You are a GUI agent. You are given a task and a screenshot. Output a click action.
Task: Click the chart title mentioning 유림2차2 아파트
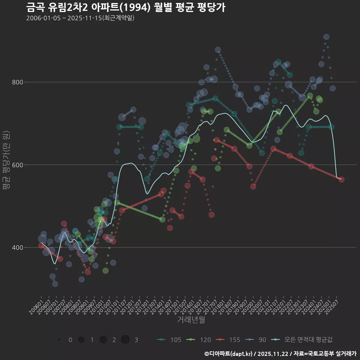(126, 7)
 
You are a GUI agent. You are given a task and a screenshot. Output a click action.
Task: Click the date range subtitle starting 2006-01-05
(80, 18)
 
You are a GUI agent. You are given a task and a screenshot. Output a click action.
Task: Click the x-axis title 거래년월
(191, 320)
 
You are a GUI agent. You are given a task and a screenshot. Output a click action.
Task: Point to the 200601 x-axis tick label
(36, 305)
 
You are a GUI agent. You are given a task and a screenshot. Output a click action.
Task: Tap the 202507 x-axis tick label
(333, 305)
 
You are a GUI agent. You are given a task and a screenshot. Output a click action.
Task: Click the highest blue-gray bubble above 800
(326, 37)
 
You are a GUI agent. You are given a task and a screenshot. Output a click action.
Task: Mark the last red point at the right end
(341, 180)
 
